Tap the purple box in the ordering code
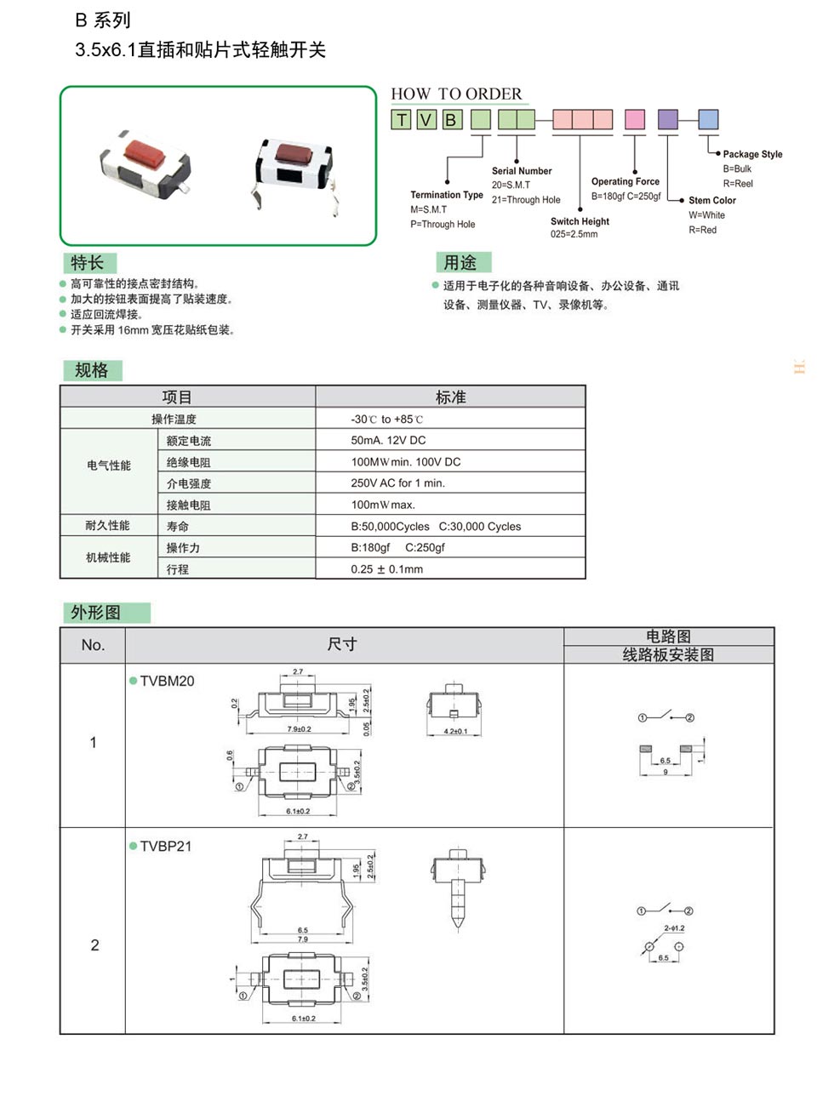point(667,119)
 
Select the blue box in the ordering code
point(708,119)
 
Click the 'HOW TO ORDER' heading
point(456,94)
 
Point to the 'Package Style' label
point(752,154)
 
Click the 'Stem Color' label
point(711,200)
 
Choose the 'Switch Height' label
point(580,221)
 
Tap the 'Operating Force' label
point(625,181)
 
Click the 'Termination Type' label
point(446,195)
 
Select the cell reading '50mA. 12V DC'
point(388,440)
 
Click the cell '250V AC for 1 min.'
point(397,482)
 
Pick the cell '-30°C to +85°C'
point(386,419)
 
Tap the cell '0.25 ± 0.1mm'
point(386,569)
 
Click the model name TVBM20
point(167,681)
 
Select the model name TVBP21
point(166,846)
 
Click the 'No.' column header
point(93,645)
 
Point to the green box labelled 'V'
point(426,120)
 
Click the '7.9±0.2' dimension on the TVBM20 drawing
point(299,729)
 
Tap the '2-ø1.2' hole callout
point(674,928)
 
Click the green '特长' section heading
point(88,262)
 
